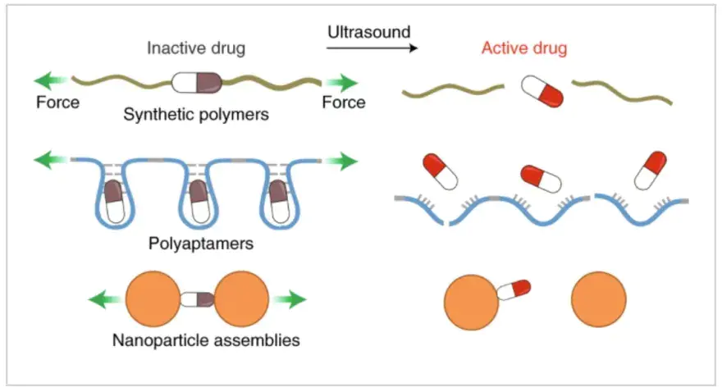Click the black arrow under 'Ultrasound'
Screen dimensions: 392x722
click(372, 49)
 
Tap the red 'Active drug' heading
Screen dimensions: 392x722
click(524, 48)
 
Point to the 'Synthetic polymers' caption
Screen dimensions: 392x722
click(196, 115)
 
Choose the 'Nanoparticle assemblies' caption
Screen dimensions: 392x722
click(205, 339)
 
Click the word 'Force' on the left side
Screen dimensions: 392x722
click(57, 103)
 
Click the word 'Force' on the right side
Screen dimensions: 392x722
click(343, 103)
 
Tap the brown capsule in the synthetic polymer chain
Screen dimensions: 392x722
click(198, 82)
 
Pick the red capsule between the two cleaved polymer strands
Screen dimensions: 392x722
click(543, 90)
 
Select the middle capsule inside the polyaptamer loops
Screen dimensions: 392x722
click(198, 203)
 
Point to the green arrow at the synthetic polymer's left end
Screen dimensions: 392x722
click(51, 82)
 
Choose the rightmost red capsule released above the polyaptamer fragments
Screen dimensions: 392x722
click(649, 171)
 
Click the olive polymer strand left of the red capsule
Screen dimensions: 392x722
click(453, 90)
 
